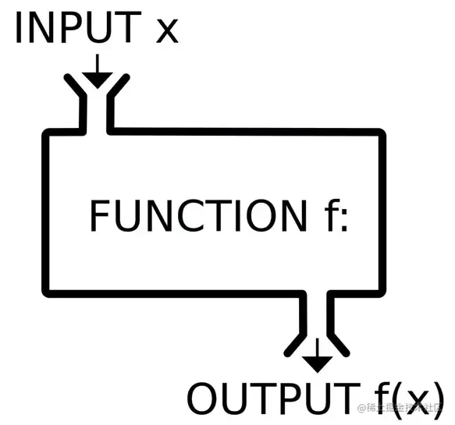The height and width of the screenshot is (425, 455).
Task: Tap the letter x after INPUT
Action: click(x=167, y=31)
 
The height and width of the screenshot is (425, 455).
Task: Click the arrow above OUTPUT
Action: click(x=318, y=358)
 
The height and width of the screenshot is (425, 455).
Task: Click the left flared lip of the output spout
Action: click(x=295, y=342)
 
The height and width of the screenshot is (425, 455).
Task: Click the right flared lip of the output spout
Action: click(x=340, y=342)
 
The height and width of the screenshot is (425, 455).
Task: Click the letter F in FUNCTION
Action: click(x=98, y=216)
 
